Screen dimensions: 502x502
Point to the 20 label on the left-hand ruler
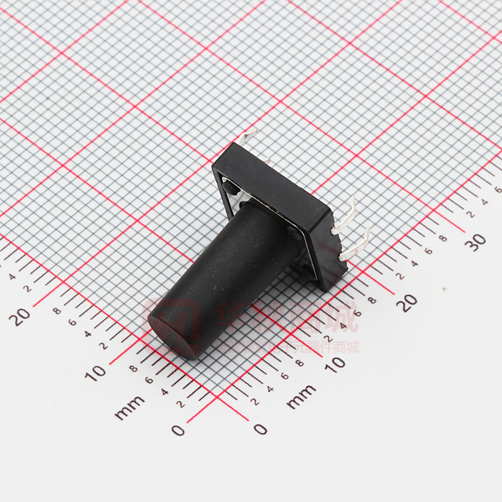[22, 316]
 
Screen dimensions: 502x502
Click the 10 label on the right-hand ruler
[337, 362]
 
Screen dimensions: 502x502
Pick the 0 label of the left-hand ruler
[178, 430]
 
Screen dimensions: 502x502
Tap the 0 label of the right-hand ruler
[260, 429]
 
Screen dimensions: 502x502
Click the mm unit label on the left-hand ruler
[130, 407]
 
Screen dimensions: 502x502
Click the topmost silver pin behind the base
[247, 135]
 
